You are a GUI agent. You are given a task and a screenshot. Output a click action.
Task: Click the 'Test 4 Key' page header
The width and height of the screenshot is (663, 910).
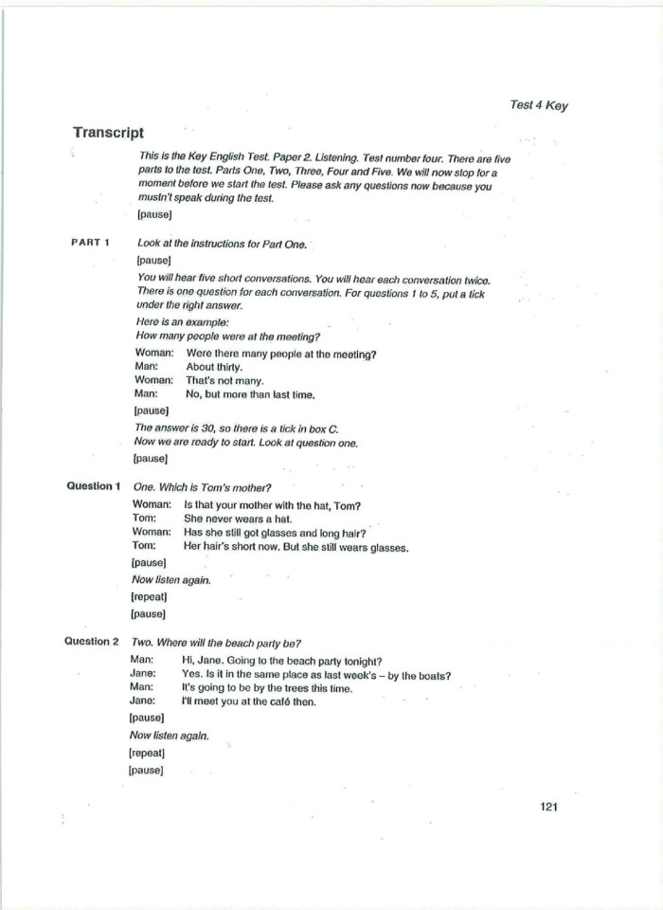click(x=538, y=105)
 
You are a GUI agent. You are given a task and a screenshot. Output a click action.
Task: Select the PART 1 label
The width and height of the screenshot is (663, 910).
click(x=91, y=243)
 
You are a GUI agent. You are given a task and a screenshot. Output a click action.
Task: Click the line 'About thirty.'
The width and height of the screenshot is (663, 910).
click(x=214, y=367)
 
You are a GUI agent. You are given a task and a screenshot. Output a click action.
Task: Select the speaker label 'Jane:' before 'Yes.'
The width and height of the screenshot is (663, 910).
click(x=142, y=675)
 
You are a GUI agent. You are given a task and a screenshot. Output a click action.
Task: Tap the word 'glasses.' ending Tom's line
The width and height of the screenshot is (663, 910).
click(x=387, y=547)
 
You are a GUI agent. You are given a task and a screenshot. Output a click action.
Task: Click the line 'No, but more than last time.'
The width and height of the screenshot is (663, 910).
click(x=250, y=393)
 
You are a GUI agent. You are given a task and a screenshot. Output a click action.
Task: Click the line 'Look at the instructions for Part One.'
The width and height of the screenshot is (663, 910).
click(x=223, y=244)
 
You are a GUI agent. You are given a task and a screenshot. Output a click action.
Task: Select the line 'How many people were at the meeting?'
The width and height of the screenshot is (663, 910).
click(x=228, y=337)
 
